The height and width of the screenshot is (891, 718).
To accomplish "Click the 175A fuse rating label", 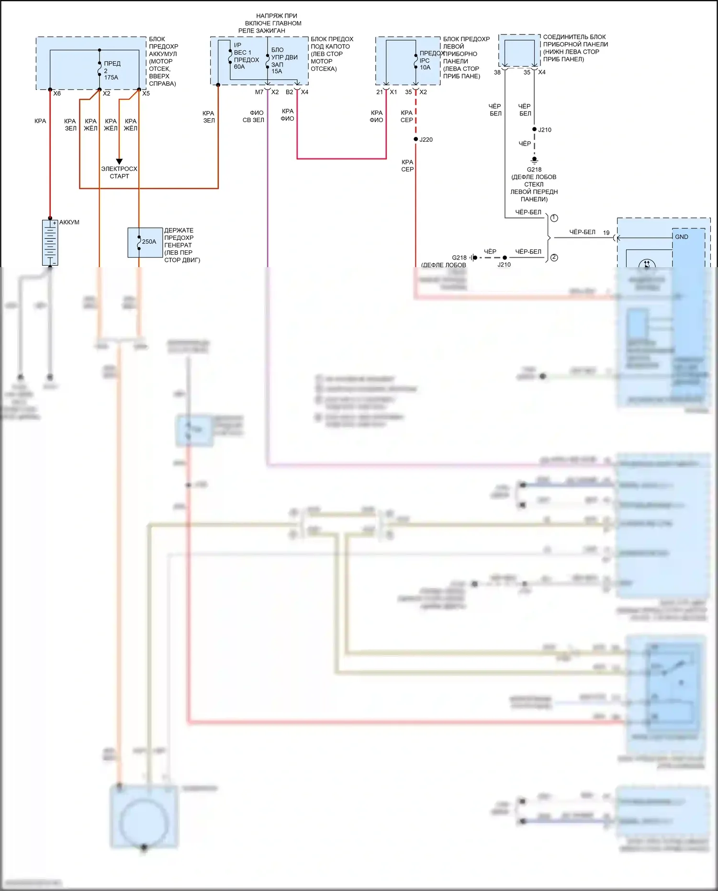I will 111,78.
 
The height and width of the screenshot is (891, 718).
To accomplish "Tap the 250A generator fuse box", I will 145,242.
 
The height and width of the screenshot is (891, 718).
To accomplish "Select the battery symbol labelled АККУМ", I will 50,242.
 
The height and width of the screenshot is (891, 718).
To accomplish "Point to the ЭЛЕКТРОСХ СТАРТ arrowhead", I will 119,162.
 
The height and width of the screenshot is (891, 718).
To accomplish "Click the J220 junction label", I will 426,140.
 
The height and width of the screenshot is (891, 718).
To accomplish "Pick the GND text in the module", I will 682,237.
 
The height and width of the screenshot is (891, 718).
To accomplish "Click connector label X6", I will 57,93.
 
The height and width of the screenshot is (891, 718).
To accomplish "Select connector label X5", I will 146,93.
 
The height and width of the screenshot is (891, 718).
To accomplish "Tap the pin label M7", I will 259,92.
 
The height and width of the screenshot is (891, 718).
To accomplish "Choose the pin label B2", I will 289,92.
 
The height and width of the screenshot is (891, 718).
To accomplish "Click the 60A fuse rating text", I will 239,67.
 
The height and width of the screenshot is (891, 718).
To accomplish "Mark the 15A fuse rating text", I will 277,71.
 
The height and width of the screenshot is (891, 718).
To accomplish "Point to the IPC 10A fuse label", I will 425,64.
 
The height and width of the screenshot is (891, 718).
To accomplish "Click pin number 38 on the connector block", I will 497,72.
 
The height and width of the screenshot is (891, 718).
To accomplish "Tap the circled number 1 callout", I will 554,218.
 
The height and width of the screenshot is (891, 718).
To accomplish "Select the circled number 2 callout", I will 554,258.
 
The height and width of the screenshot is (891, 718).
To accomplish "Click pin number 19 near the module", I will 606,233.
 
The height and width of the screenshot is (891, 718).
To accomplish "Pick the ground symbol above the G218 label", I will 534,160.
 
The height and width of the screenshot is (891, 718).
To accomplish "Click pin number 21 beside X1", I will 380,92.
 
